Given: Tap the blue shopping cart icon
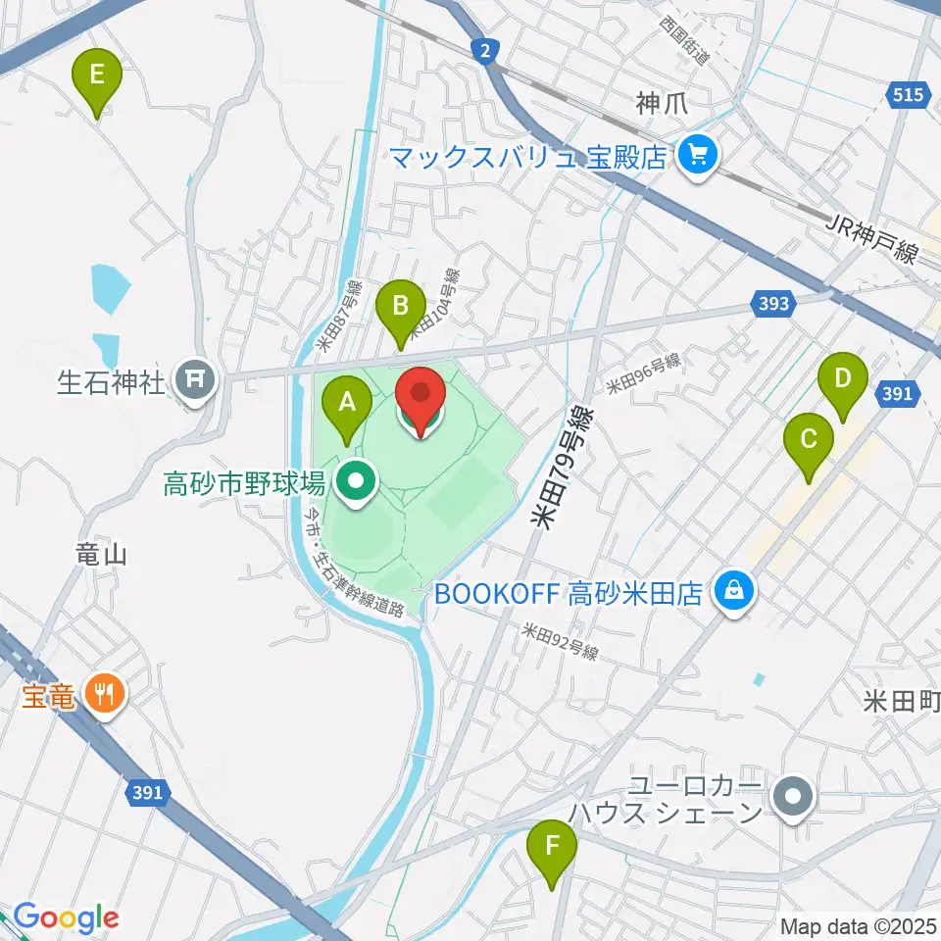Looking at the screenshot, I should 698,155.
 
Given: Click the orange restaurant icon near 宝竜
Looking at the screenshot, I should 103,694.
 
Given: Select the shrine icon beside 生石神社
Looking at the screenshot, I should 195,377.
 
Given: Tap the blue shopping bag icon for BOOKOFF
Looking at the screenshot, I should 731,591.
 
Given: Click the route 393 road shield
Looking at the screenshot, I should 773,304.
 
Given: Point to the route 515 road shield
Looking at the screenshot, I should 908,94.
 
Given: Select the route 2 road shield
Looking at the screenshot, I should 484,51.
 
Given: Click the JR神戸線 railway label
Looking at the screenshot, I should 871,240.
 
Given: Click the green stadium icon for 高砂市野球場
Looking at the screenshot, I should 354,481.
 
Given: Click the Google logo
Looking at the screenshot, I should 66,917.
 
